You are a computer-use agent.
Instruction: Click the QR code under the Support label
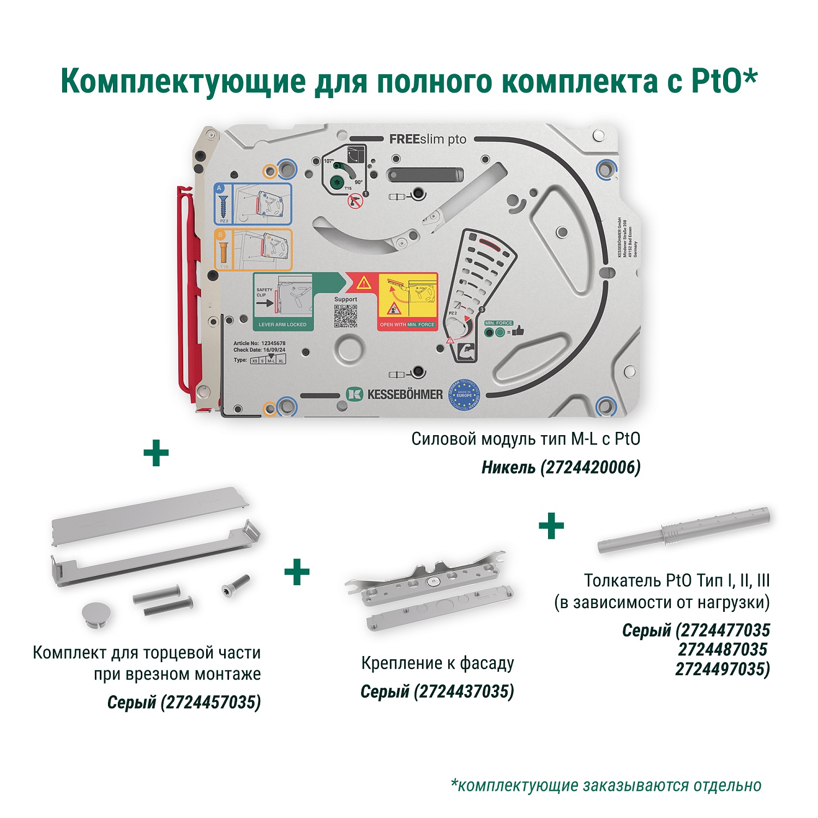(x=345, y=316)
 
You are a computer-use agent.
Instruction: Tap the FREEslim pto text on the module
(x=428, y=140)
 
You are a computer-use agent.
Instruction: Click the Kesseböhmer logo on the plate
(x=395, y=394)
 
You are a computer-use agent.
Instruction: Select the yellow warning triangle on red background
(x=364, y=282)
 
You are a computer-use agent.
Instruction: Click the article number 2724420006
(x=591, y=467)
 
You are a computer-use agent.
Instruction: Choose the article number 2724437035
(x=464, y=691)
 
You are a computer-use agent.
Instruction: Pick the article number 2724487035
(x=723, y=649)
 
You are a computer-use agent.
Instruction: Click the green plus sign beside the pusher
(x=551, y=526)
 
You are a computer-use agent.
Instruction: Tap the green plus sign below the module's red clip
(x=156, y=453)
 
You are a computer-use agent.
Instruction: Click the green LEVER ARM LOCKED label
(x=282, y=324)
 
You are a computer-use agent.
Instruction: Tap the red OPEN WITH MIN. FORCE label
(x=407, y=324)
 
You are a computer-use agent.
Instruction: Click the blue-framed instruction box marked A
(x=252, y=204)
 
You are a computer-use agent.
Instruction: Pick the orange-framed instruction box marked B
(x=253, y=250)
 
